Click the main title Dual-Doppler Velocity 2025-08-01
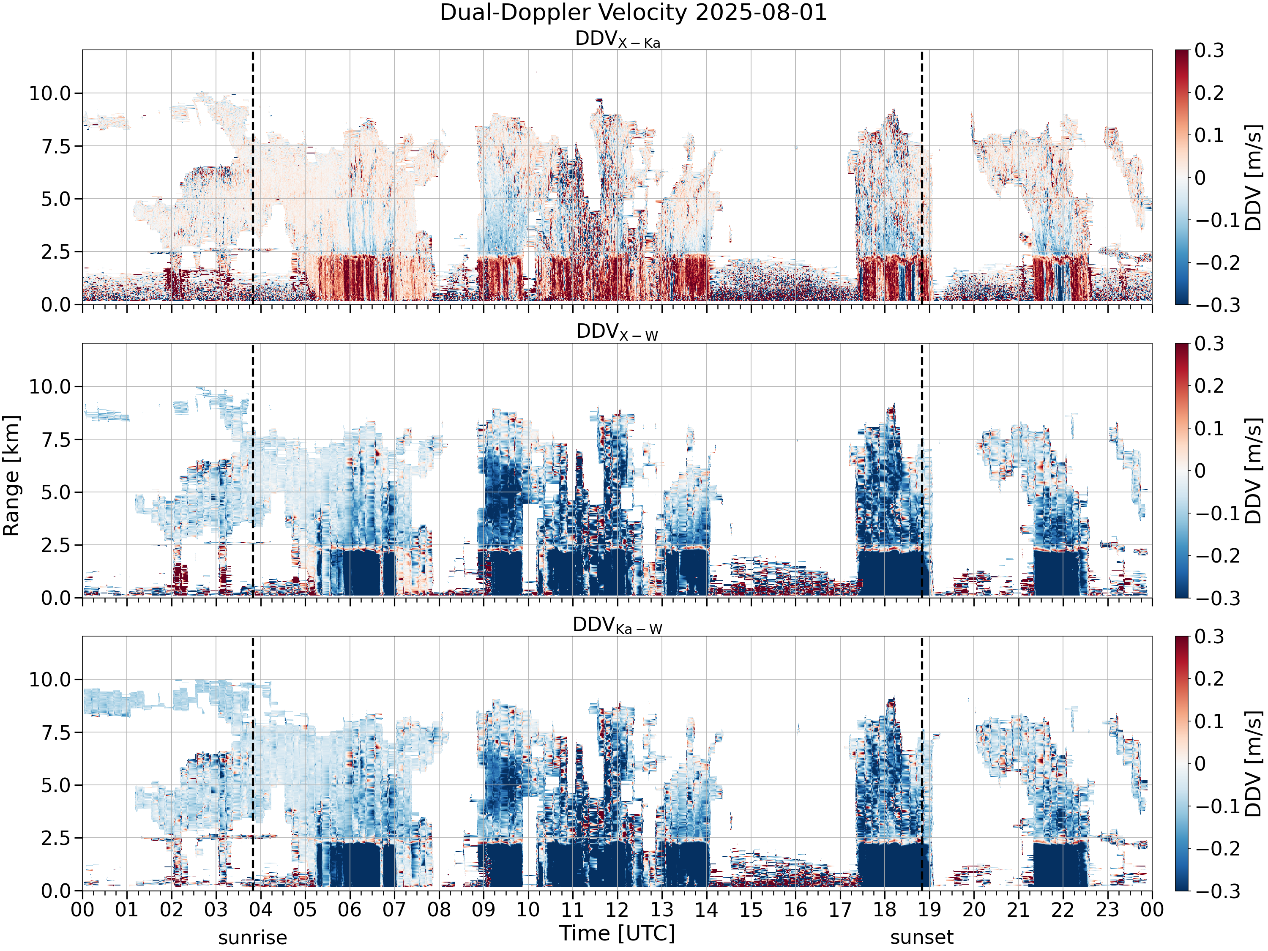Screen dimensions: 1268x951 click(x=634, y=13)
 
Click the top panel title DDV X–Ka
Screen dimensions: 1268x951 click(x=618, y=40)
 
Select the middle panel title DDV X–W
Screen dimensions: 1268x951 click(x=618, y=333)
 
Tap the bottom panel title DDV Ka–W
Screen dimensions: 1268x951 click(x=618, y=626)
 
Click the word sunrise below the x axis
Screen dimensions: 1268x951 click(x=252, y=938)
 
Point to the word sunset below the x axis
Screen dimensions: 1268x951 click(x=922, y=938)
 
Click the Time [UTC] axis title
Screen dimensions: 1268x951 click(x=618, y=934)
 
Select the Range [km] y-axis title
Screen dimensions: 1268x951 click(x=11, y=476)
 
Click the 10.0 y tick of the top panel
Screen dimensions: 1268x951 click(x=50, y=93)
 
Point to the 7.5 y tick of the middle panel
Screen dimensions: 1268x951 click(x=56, y=440)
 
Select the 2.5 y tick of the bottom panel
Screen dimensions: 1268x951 click(x=56, y=838)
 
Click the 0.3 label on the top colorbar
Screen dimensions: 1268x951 click(x=1210, y=50)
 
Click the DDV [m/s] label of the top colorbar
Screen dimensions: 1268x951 click(x=1254, y=177)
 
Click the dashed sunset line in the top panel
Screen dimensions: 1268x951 click(x=922, y=177)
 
